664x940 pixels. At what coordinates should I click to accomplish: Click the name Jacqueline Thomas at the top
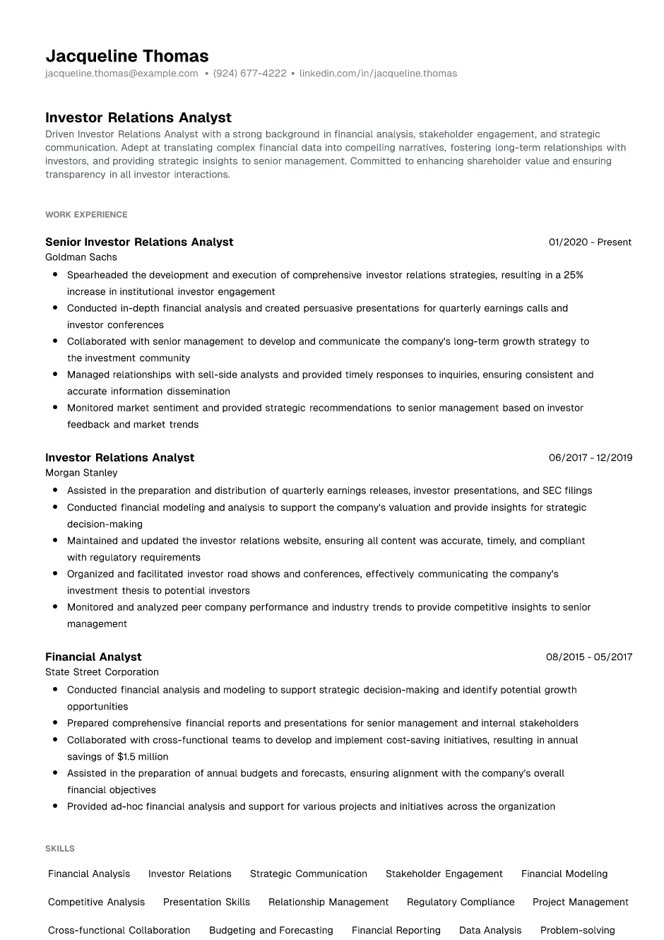coord(127,56)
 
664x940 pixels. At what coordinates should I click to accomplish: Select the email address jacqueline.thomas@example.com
coord(121,74)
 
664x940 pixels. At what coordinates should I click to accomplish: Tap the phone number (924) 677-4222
coord(249,74)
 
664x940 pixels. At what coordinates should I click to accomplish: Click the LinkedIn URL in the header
coord(378,74)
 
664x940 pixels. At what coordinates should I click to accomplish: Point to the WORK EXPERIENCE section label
coord(86,214)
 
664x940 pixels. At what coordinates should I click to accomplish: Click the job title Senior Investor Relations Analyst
coord(139,242)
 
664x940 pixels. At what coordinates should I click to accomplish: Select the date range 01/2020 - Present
coord(590,242)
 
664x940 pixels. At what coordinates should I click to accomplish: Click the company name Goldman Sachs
coord(81,257)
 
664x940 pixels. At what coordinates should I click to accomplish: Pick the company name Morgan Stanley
coord(81,473)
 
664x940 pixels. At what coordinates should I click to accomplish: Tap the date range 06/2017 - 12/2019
coord(590,457)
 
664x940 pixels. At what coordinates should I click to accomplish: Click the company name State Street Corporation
coord(102,672)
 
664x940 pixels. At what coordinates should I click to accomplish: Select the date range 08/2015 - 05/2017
coord(588,657)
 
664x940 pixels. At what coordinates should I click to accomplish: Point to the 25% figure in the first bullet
coord(573,275)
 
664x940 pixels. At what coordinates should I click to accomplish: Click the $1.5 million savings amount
coord(143,756)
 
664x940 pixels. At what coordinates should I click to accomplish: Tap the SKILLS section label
coord(60,848)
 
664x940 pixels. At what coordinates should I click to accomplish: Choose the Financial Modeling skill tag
coord(564,874)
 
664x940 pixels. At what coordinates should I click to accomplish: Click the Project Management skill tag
coord(580,902)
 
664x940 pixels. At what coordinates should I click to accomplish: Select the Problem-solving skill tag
coord(577,930)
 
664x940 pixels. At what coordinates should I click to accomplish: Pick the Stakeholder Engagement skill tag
coord(444,874)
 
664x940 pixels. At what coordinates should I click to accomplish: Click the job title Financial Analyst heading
coord(93,657)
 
